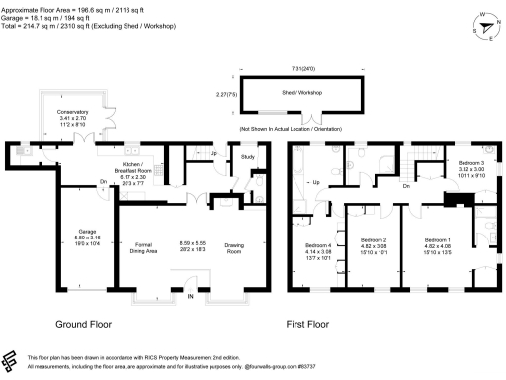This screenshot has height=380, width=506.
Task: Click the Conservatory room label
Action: point(73,139)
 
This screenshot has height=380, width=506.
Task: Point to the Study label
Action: point(248,156)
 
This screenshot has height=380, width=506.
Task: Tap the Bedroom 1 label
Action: point(437,239)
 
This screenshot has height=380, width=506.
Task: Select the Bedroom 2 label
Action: point(373,239)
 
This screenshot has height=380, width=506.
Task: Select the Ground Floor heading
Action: point(83,325)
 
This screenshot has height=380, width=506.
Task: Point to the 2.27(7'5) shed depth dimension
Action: point(227,95)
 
